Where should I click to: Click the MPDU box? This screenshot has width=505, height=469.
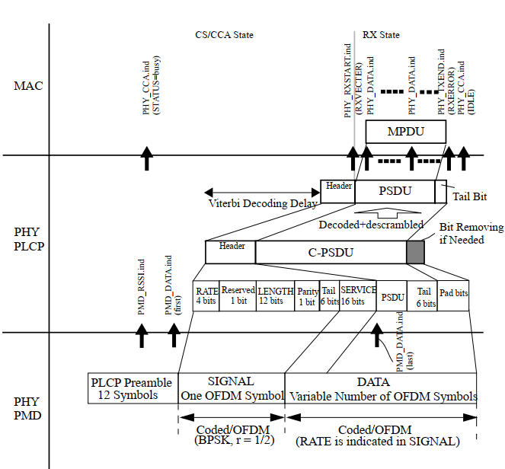click(405, 132)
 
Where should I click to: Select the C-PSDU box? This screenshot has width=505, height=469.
click(331, 252)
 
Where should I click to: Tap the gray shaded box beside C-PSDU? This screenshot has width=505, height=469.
click(415, 252)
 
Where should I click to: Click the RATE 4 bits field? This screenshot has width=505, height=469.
click(206, 295)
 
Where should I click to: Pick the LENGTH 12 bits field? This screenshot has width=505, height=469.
click(275, 295)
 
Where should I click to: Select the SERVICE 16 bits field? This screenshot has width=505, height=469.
click(358, 295)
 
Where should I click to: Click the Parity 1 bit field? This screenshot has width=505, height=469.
click(307, 295)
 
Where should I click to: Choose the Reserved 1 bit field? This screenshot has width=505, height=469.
click(238, 295)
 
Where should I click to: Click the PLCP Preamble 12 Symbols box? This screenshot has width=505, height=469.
click(132, 388)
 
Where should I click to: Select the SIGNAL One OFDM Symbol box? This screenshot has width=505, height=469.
click(231, 388)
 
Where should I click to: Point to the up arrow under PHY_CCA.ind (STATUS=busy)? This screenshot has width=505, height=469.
click(148, 160)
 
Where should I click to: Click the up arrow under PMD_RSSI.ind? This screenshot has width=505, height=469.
click(142, 336)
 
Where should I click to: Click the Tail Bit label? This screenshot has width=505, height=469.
click(471, 196)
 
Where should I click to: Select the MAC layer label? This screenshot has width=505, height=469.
click(28, 86)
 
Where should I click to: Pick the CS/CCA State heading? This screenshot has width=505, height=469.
click(224, 35)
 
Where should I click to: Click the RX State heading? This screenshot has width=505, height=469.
click(380, 35)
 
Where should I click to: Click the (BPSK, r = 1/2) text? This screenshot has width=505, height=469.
click(230, 439)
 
